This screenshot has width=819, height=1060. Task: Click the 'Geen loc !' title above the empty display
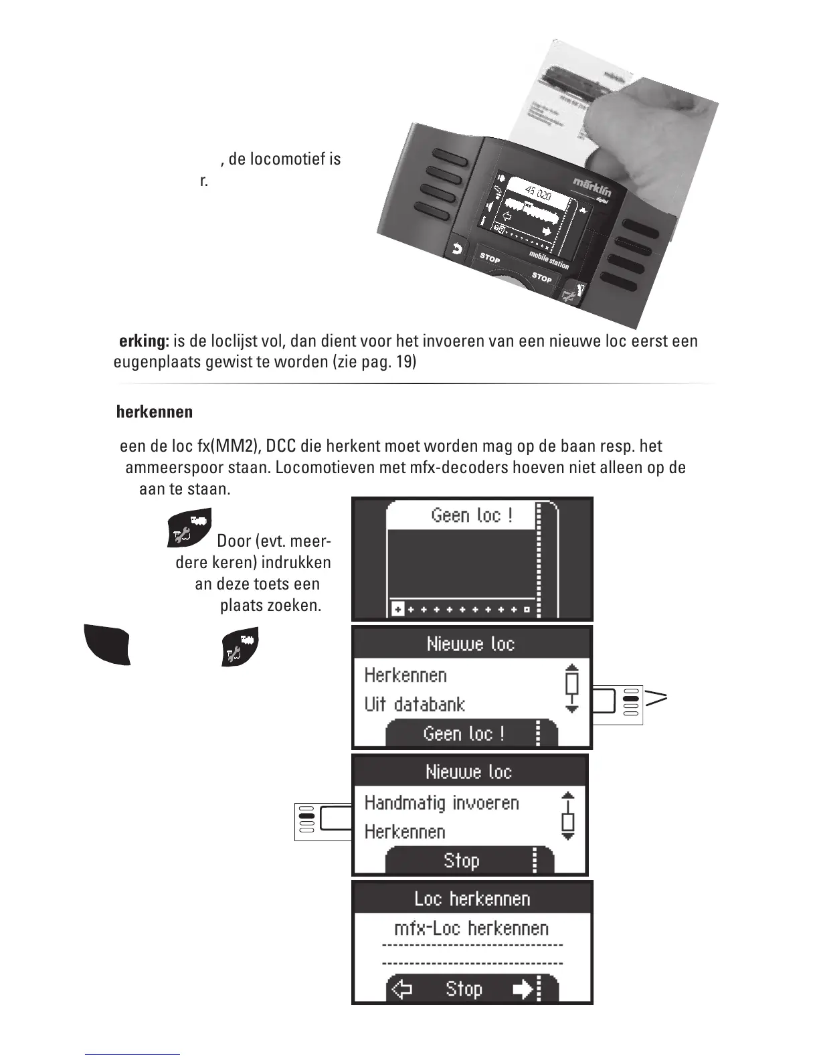point(471,515)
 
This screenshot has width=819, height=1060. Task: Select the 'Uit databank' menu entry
point(414,705)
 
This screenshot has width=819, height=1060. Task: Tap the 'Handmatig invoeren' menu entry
point(442,802)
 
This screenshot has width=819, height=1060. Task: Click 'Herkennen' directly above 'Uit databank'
point(405,675)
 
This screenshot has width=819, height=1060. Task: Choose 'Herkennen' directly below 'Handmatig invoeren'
point(405,832)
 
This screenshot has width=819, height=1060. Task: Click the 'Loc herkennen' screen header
point(472,898)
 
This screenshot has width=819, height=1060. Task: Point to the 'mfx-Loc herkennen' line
point(471,928)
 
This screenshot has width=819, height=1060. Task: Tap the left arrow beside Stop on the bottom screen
point(401,989)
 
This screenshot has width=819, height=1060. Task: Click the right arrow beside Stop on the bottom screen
point(523,989)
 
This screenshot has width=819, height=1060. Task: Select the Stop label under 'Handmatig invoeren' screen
point(461,861)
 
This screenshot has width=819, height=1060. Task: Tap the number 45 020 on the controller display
point(537,193)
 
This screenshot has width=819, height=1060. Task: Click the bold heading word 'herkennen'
point(155,412)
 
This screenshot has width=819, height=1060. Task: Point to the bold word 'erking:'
point(144,341)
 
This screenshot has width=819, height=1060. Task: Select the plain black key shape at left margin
point(107,644)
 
